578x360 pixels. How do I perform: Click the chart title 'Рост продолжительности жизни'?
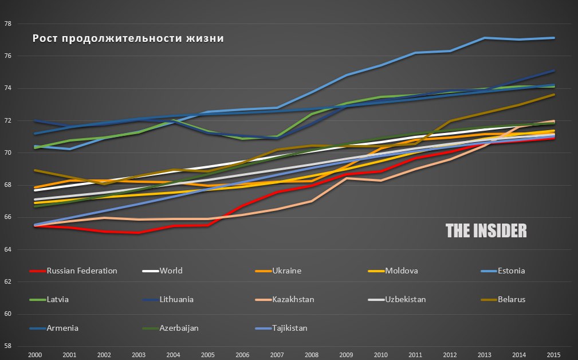tap(128, 39)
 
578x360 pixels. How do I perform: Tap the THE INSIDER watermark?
tap(486, 230)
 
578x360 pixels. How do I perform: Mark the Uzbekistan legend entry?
tap(406, 299)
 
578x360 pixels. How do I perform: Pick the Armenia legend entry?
tap(63, 328)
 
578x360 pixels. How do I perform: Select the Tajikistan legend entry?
tap(290, 328)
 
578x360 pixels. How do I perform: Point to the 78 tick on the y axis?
tap(8, 24)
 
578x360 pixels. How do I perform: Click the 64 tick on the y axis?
tap(8, 249)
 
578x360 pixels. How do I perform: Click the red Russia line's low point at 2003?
tap(139, 233)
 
